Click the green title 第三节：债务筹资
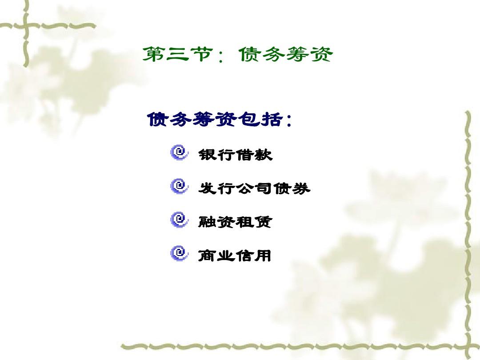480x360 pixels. [237, 55]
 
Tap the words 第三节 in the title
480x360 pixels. [177, 55]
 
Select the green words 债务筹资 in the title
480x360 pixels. [285, 55]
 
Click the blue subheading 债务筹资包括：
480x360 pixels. [219, 120]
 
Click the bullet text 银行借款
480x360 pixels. [235, 154]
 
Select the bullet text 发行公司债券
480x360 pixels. [254, 188]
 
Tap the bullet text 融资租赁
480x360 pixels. [235, 222]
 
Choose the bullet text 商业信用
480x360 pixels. [235, 255]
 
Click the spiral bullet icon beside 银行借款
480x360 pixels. [179, 152]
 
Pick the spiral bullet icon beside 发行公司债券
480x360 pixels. [179, 186]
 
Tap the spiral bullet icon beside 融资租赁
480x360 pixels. [179, 220]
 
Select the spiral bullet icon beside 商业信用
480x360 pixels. [179, 253]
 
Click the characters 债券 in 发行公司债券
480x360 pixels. [292, 188]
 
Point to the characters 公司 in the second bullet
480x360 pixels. [254, 188]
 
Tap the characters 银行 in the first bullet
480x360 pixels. [216, 154]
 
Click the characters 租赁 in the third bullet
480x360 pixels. [254, 222]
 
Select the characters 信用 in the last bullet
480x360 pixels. [253, 255]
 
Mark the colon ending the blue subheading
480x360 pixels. [288, 120]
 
